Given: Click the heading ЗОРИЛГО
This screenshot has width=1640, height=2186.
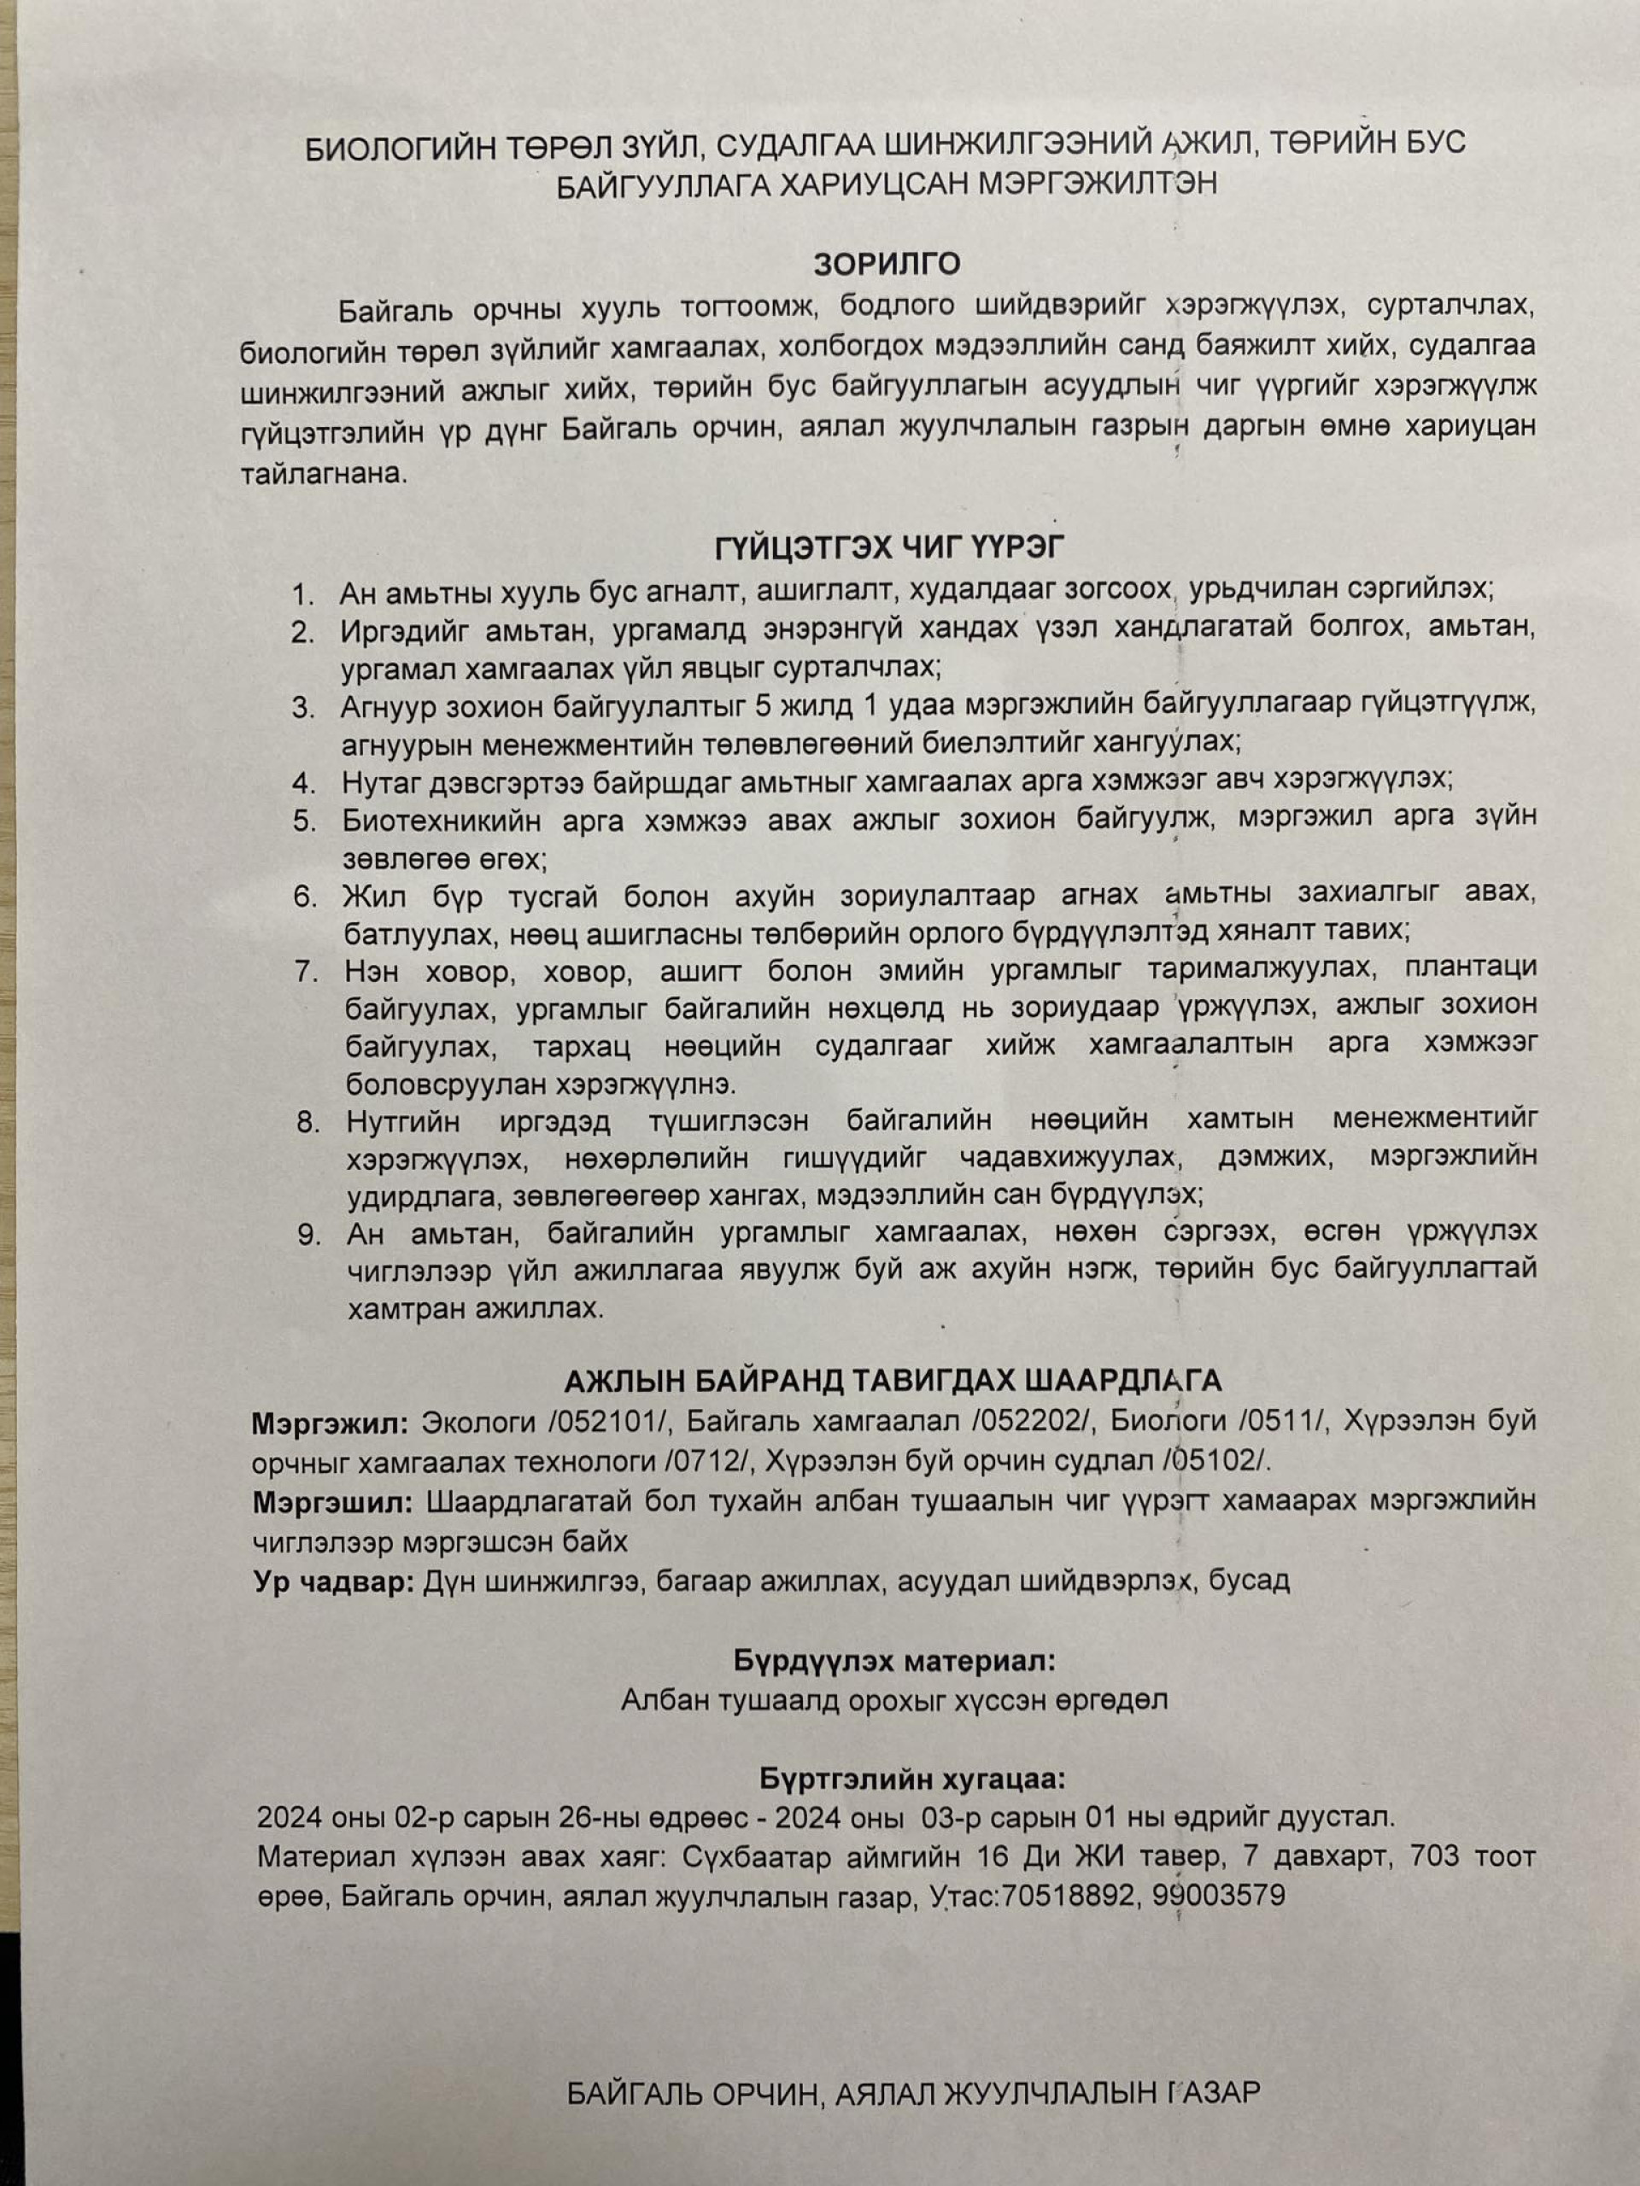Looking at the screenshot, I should tap(887, 264).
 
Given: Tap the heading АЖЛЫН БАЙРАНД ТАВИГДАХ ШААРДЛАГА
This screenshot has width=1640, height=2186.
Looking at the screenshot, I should tap(893, 1380).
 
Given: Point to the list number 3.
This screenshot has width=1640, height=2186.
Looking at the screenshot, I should tap(302, 708).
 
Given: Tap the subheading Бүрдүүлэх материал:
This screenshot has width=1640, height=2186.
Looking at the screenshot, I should tap(894, 1661).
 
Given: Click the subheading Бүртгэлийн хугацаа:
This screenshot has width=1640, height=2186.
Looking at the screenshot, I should tap(912, 1779).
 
